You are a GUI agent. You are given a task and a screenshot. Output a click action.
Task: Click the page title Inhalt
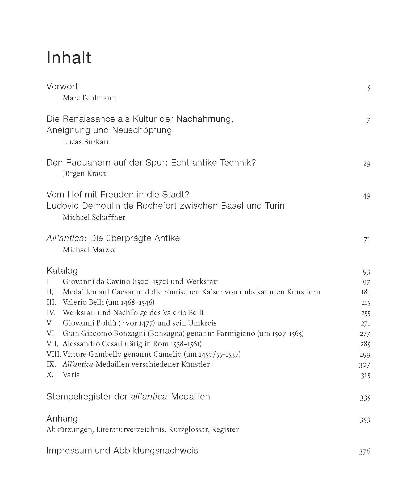69,57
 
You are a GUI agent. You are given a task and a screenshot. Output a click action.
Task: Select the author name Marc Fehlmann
89,98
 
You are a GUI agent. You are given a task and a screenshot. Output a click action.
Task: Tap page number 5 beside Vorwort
368,88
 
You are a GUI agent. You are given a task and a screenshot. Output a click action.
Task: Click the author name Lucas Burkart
86,142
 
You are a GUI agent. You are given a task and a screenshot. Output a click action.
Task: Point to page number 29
367,163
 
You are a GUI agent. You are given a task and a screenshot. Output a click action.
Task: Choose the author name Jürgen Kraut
84,174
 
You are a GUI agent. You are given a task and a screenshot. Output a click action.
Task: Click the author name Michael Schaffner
94,217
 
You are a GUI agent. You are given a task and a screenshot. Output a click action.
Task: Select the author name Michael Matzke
90,250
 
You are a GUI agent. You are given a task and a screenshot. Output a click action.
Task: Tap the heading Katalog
62,271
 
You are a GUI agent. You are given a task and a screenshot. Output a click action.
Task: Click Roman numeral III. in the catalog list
51,302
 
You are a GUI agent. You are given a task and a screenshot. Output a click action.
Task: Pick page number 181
366,292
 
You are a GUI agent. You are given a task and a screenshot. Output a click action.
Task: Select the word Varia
71,375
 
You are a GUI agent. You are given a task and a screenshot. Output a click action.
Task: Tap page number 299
365,354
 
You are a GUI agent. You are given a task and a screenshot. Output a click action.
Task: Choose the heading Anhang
62,419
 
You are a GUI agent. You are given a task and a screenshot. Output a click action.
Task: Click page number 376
365,452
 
